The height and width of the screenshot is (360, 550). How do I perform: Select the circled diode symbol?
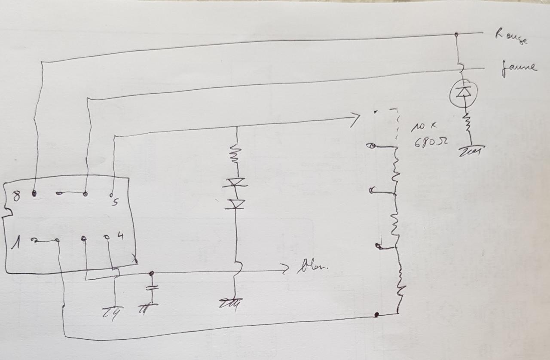tap(462, 92)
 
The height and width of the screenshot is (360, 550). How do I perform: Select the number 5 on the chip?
tap(114, 202)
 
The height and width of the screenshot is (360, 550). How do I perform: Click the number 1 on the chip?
tap(15, 244)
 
